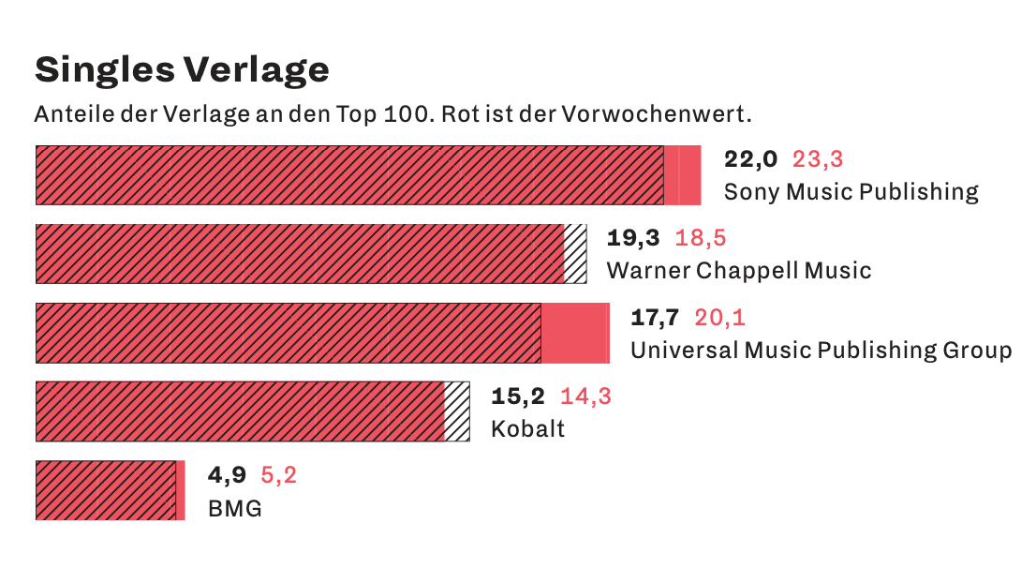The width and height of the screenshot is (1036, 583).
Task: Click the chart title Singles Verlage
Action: pos(182,69)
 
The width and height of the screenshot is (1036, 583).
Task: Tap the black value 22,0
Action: pos(750,159)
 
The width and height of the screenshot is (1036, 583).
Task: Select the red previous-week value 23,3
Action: pos(818,159)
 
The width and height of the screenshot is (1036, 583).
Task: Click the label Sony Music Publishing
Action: pos(851,192)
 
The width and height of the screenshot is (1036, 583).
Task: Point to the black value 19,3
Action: pos(633,238)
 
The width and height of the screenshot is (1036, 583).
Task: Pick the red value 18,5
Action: pos(701,238)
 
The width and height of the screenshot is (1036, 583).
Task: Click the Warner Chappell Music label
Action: pos(739,271)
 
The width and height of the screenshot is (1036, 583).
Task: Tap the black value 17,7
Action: pos(655,318)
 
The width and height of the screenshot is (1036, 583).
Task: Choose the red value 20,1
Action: pos(719,318)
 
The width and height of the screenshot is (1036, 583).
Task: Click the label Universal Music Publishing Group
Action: pos(821,351)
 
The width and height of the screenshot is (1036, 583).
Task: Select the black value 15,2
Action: pos(518,396)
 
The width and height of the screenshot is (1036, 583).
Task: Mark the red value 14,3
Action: pos(585,396)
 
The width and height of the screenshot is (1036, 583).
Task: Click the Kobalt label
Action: pos(527,429)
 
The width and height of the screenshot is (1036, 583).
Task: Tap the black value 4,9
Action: pos(227,475)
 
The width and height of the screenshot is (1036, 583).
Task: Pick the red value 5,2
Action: pos(278,475)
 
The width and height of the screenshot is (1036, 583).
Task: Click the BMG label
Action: pos(234,509)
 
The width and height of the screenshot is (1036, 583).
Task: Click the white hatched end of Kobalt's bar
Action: pos(457,411)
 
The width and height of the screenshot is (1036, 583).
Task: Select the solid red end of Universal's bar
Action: pos(574,333)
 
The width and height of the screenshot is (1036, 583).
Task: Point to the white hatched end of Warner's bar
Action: pos(575,253)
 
